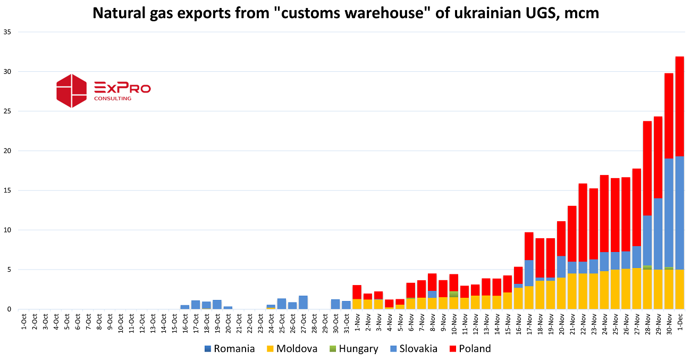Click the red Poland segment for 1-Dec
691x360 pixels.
679,106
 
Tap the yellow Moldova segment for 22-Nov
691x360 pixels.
583,291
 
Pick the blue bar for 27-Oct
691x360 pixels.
303,303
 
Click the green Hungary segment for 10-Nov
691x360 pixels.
454,294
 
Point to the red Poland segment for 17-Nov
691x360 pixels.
529,246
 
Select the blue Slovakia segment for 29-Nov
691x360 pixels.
658,234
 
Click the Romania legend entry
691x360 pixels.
230,349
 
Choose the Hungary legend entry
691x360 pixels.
354,349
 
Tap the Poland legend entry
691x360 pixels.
470,349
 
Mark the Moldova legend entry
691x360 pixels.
292,349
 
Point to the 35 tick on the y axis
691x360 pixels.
7,32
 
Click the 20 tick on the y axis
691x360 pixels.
7,151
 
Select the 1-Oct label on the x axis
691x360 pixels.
24,322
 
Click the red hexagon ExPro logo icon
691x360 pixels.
72,91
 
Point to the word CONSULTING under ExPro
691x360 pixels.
113,99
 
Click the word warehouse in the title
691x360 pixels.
383,13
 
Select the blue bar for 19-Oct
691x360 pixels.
217,305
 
